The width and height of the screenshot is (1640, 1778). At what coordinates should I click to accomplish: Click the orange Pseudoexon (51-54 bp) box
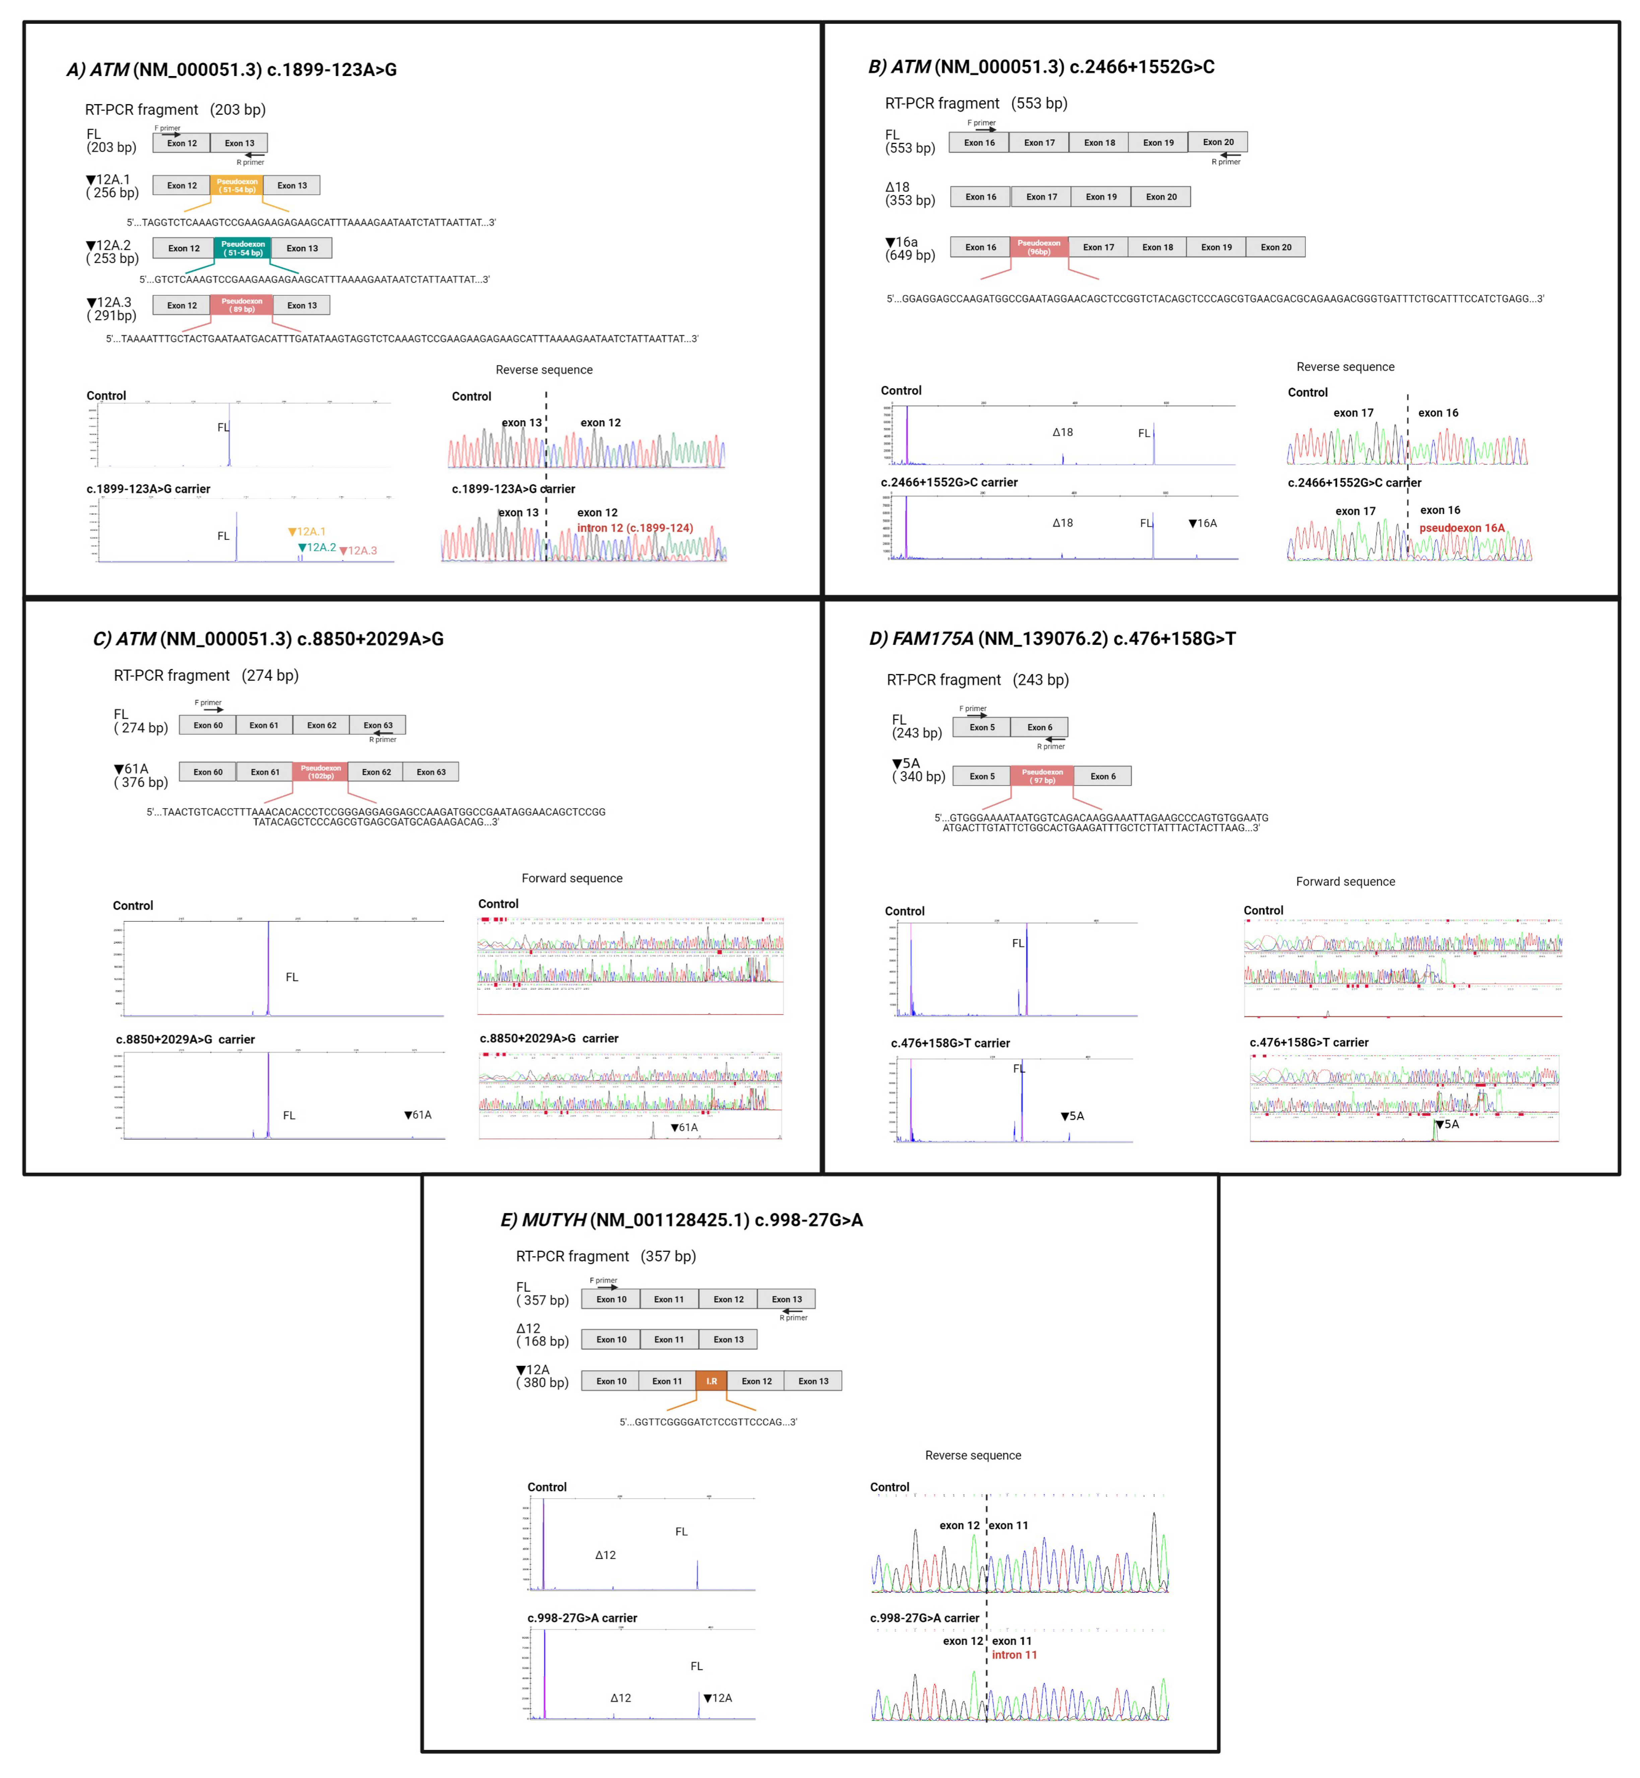[x=237, y=186]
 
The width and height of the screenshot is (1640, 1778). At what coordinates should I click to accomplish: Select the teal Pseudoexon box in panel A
[x=242, y=248]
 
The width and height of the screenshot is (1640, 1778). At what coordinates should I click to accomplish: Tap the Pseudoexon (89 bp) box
[x=241, y=305]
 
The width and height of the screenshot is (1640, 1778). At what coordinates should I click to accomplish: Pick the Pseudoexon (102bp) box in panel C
[x=320, y=772]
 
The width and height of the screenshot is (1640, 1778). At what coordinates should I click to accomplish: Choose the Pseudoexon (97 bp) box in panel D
[x=1042, y=776]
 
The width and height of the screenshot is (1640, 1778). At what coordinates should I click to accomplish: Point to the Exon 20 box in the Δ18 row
[x=1161, y=197]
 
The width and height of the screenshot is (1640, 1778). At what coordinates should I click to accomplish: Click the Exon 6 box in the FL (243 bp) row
[x=1039, y=727]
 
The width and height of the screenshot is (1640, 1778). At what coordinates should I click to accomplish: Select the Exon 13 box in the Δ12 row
[x=729, y=1340]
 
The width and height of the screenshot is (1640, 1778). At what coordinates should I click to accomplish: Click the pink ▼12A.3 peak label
[x=358, y=551]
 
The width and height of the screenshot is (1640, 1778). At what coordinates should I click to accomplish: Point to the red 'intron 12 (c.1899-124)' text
[x=635, y=528]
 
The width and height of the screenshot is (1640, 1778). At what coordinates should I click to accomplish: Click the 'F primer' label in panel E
[x=603, y=1280]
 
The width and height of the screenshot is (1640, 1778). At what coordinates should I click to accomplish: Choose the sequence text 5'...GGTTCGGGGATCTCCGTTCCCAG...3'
[x=708, y=1422]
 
